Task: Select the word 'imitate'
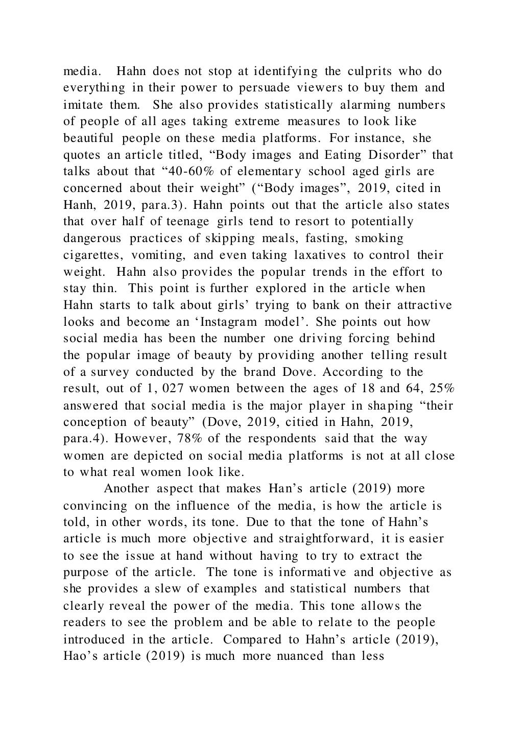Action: tap(82, 105)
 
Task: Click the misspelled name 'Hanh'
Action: tap(78, 205)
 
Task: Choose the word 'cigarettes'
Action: tap(92, 255)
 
